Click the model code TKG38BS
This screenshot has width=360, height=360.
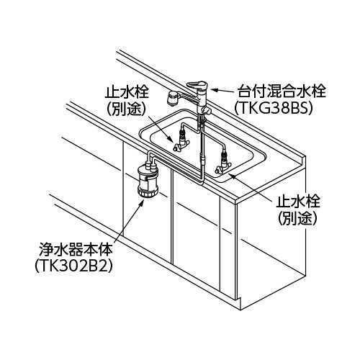pyautogui.click(x=274, y=109)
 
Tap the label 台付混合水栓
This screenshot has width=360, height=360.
pyautogui.click(x=282, y=91)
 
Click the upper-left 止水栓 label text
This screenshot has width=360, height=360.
pyautogui.click(x=127, y=92)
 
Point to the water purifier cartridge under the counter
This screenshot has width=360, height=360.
pyautogui.click(x=147, y=180)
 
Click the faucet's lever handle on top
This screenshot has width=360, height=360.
pyautogui.click(x=197, y=86)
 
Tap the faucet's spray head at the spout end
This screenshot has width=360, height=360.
pyautogui.click(x=173, y=99)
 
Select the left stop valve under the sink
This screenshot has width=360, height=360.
pyautogui.click(x=181, y=143)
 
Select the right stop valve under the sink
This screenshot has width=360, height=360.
pyautogui.click(x=223, y=163)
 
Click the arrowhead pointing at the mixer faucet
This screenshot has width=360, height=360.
pyautogui.click(x=215, y=91)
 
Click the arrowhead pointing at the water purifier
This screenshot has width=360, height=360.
pyautogui.click(x=143, y=202)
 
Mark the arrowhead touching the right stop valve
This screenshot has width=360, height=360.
pyautogui.click(x=231, y=176)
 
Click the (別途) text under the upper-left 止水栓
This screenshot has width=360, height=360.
pyautogui.click(x=126, y=109)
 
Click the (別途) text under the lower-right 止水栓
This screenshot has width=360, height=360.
pyautogui.click(x=297, y=219)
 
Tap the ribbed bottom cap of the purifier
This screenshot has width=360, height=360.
pyautogui.click(x=147, y=192)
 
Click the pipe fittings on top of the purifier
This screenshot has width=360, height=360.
pyautogui.click(x=150, y=165)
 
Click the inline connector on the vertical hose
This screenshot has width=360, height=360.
pyautogui.click(x=203, y=160)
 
